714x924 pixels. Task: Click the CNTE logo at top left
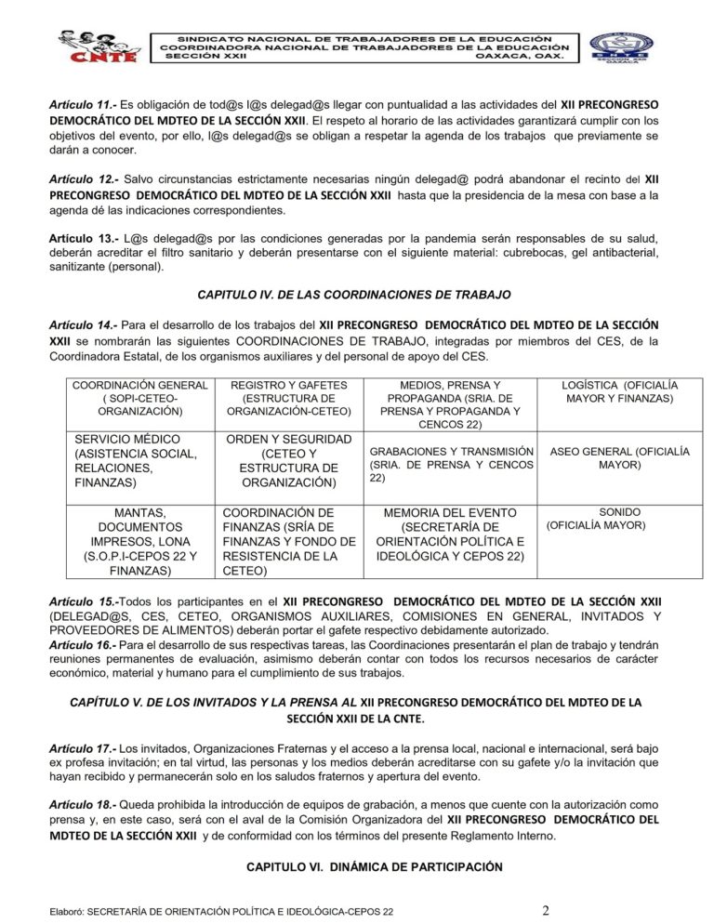[x=95, y=45]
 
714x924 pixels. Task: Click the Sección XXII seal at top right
[x=622, y=46]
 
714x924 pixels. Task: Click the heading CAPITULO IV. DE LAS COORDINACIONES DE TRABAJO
[x=354, y=295]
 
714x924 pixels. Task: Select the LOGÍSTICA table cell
[x=620, y=391]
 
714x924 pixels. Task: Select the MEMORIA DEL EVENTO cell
[x=450, y=535]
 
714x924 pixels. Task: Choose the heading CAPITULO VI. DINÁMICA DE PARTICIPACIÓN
[x=374, y=866]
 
